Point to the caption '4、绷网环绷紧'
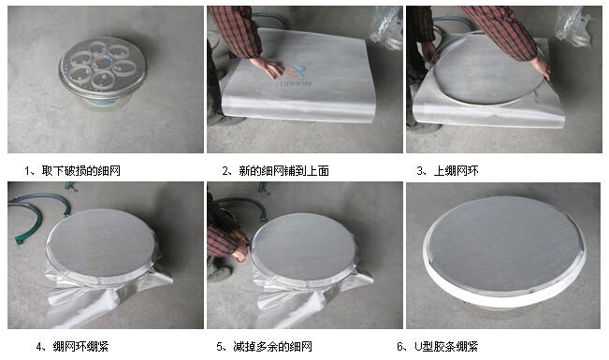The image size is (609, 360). (72, 346)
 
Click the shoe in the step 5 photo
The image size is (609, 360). (218, 272)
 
